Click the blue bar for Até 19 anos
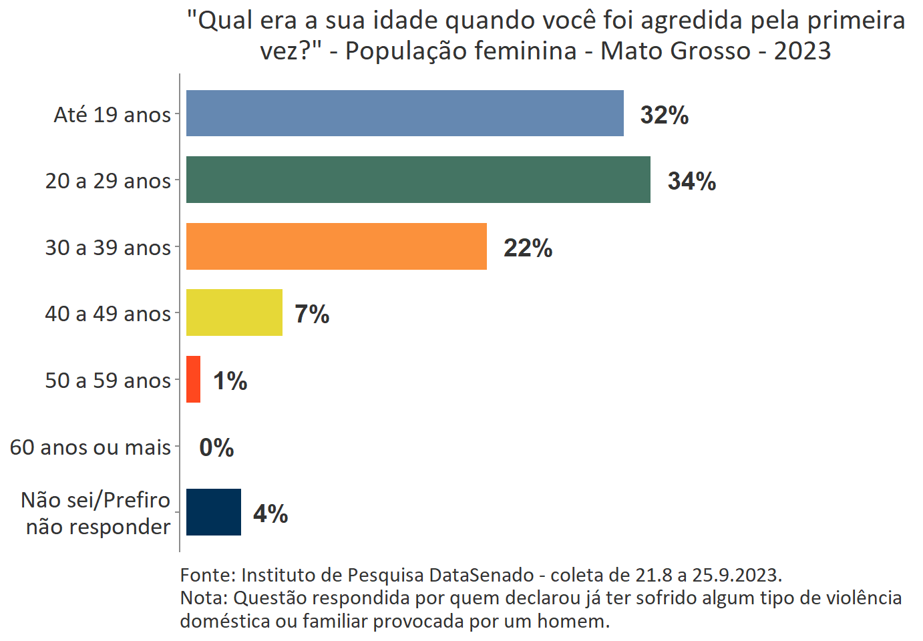[405, 114]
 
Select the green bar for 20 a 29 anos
[418, 180]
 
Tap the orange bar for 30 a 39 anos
[336, 246]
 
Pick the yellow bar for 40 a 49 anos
[234, 312]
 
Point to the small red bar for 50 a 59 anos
[193, 379]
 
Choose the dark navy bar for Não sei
[213, 512]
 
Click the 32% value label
[664, 115]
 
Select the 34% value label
[691, 181]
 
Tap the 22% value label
[528, 248]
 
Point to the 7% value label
[312, 314]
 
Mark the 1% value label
[230, 381]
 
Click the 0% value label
[216, 447]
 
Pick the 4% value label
[270, 513]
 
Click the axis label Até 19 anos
[112, 115]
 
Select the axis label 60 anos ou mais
[90, 447]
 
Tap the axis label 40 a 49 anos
[108, 314]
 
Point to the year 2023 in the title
[802, 51]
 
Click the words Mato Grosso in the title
[675, 51]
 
